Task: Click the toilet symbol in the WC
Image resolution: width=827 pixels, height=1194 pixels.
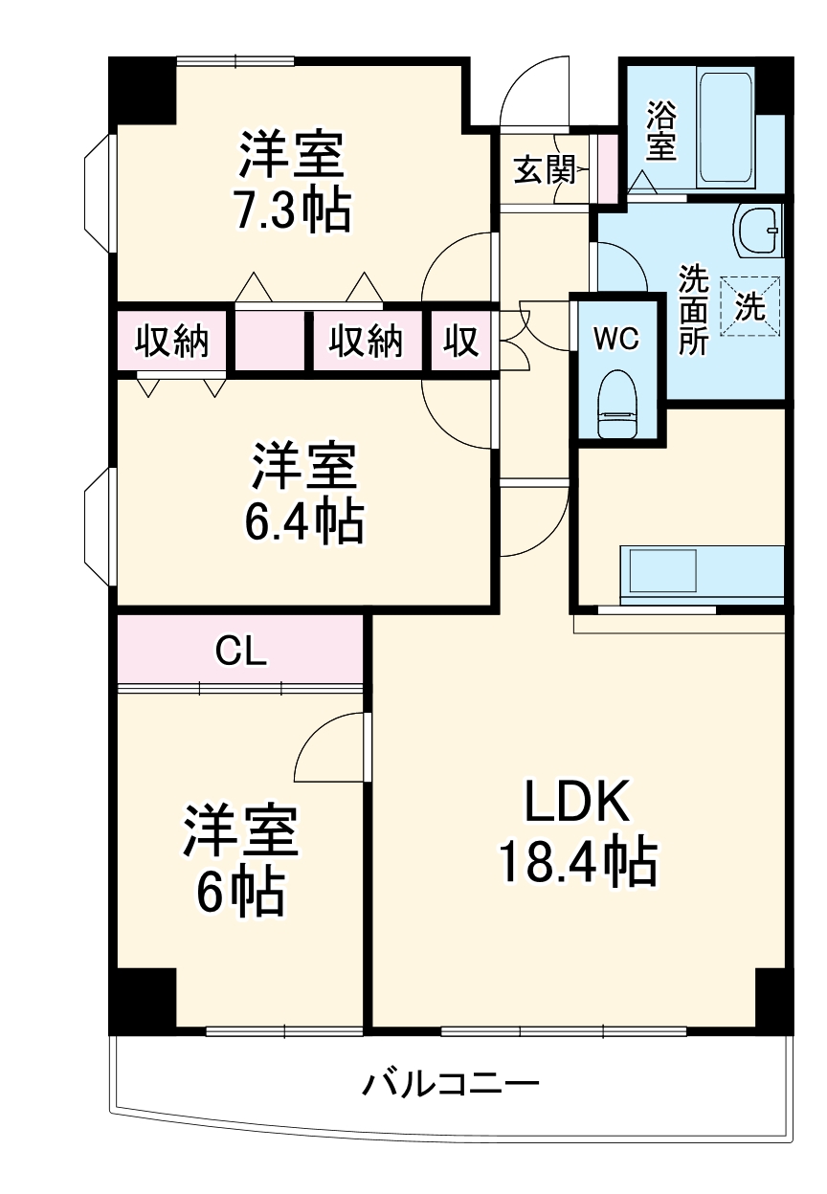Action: pyautogui.click(x=616, y=407)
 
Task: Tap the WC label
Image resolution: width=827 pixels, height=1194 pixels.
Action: pyautogui.click(x=615, y=339)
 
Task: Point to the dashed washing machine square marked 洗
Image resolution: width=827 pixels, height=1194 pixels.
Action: pyautogui.click(x=750, y=307)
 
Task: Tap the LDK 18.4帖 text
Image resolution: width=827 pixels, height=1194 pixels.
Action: pyautogui.click(x=576, y=831)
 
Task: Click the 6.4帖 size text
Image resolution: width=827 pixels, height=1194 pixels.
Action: pyautogui.click(x=303, y=521)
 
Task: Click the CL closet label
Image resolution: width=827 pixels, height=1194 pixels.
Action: pyautogui.click(x=239, y=652)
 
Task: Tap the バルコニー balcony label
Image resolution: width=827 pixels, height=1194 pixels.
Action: pyautogui.click(x=450, y=1085)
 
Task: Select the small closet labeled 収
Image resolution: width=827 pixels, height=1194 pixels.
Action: pyautogui.click(x=460, y=341)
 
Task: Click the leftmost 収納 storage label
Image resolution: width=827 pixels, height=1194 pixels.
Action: pyautogui.click(x=171, y=341)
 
